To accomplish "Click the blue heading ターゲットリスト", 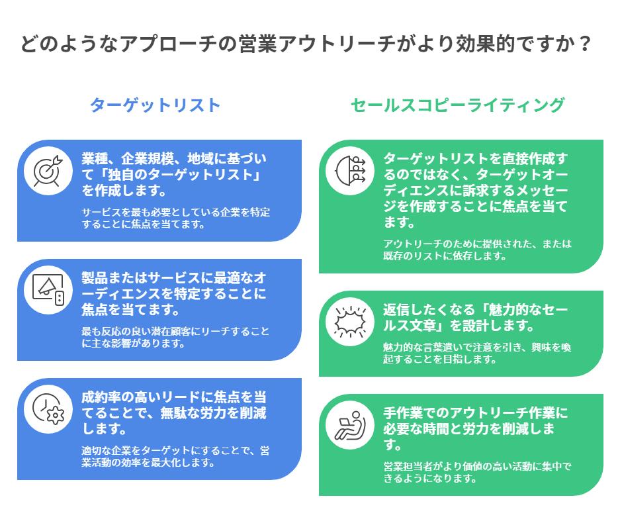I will (x=154, y=105).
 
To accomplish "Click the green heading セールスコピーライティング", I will (x=457, y=105).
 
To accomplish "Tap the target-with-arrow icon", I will (x=48, y=169).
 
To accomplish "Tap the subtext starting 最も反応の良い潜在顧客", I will (x=175, y=337).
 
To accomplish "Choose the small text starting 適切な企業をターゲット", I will (x=175, y=456).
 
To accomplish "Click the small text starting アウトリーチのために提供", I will (x=477, y=249).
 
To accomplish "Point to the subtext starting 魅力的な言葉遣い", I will (x=477, y=353).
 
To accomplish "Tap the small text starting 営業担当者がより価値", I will (x=477, y=472).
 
